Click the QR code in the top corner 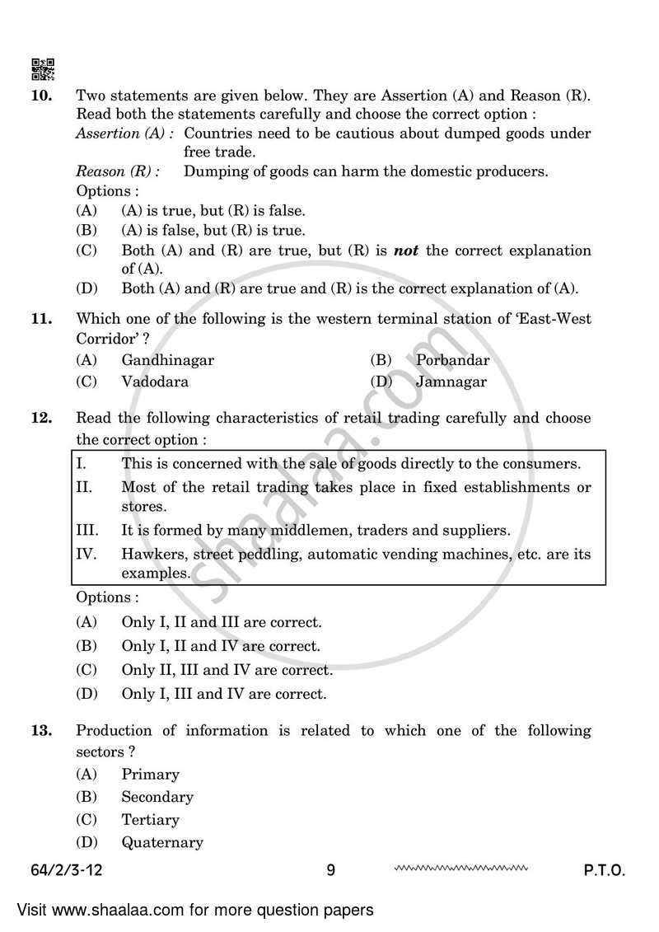[43, 69]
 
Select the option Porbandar [452, 359]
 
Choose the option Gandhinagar [167, 359]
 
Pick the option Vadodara [155, 382]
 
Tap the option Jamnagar [451, 382]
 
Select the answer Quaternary [161, 842]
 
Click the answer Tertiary [150, 819]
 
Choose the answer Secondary [157, 797]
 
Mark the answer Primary [150, 774]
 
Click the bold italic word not [406, 251]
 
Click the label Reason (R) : [118, 171]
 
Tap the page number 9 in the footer [330, 870]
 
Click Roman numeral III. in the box [87, 530]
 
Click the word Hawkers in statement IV [152, 554]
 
